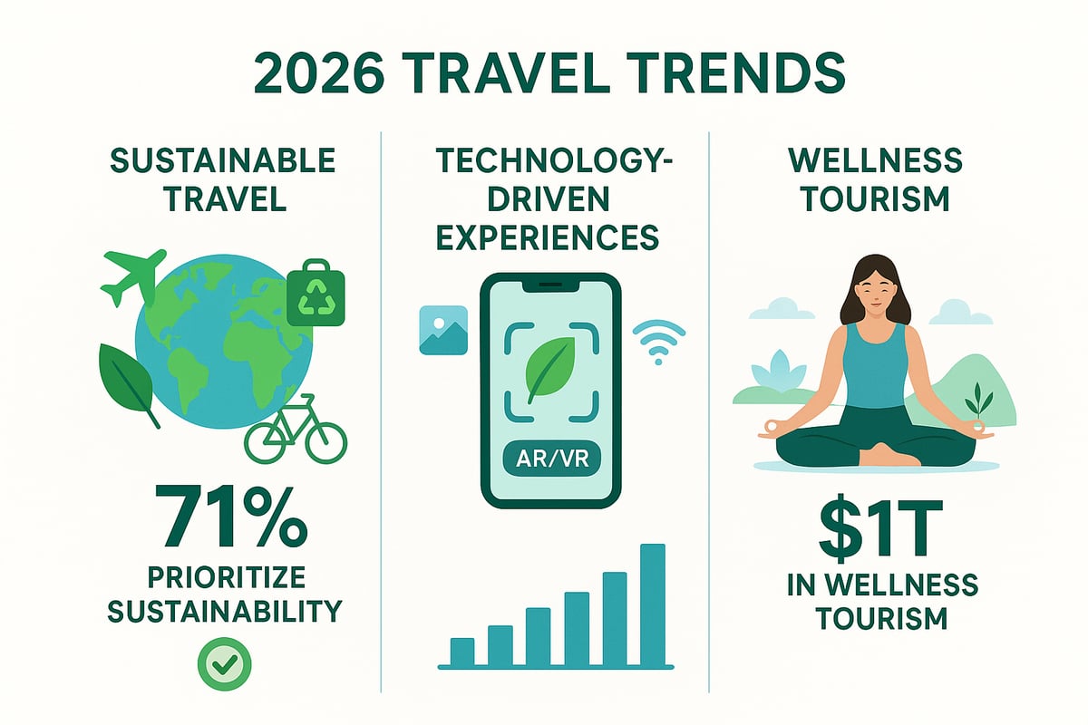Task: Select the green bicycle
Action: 296,431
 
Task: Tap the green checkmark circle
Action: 224,667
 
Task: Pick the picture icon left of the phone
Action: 443,330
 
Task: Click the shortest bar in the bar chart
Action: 462,651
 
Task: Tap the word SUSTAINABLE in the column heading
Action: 223,163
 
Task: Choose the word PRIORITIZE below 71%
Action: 224,577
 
